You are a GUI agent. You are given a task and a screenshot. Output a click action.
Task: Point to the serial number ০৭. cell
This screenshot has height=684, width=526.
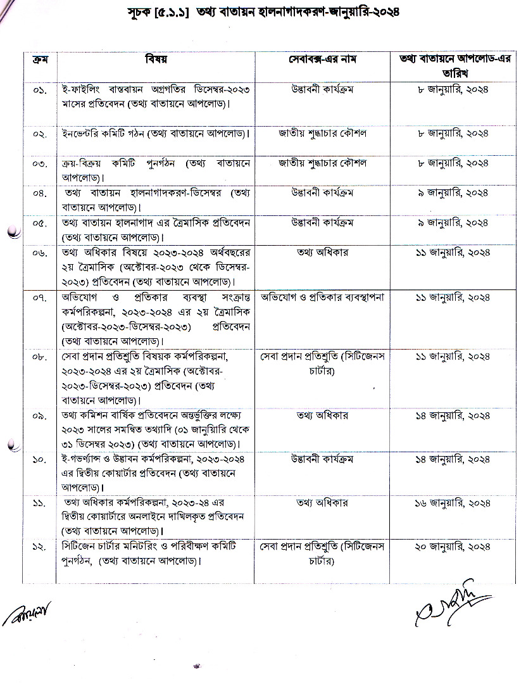pyautogui.click(x=39, y=298)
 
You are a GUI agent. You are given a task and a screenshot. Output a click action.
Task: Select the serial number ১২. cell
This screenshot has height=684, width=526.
pyautogui.click(x=39, y=546)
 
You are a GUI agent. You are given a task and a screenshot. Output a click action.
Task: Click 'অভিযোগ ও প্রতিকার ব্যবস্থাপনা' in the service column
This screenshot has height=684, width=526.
pyautogui.click(x=322, y=297)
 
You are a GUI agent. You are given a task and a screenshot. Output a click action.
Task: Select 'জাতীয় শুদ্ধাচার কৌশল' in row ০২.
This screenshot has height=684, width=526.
pyautogui.click(x=322, y=134)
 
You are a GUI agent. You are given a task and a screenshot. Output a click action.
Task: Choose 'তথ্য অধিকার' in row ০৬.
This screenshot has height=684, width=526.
pyautogui.click(x=322, y=253)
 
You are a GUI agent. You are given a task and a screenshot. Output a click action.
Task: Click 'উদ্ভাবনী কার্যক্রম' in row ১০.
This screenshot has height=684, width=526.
pyautogui.click(x=322, y=458)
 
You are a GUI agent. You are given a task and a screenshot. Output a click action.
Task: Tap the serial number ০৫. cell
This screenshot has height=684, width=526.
pyautogui.click(x=39, y=223)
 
